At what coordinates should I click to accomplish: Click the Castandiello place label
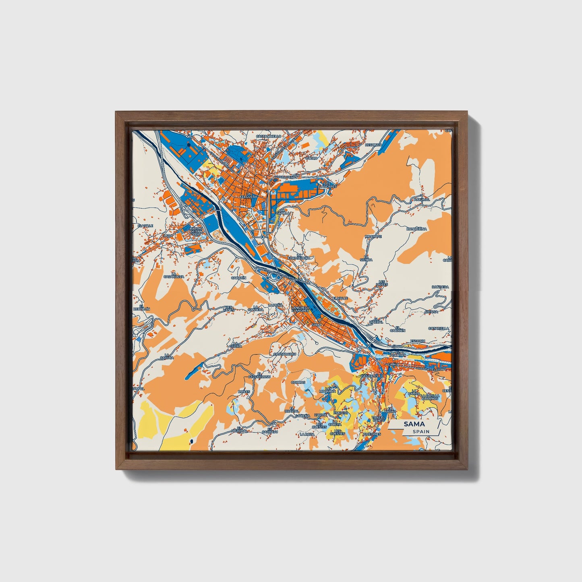269,137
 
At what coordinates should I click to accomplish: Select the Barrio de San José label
196,231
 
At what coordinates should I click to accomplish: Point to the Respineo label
373,145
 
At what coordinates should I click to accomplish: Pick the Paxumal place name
422,199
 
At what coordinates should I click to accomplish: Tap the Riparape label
373,236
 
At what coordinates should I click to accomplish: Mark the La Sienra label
366,258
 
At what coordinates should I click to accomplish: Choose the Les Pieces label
382,283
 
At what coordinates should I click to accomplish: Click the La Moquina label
327,389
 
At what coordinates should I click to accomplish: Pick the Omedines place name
371,434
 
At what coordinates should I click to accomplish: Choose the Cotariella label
438,328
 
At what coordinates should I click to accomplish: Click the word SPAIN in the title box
421,431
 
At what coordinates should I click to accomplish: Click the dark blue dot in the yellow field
191,442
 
